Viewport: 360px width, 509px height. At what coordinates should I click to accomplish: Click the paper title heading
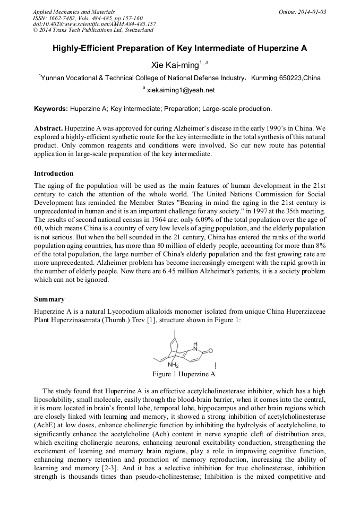(x=179, y=48)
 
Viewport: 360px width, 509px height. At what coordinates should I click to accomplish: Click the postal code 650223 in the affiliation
(x=292, y=78)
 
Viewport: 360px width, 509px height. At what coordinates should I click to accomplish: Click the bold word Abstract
(x=48, y=129)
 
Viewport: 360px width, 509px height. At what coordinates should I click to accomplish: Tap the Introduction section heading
(x=54, y=174)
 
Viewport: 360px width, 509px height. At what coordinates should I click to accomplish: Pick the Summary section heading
(x=49, y=299)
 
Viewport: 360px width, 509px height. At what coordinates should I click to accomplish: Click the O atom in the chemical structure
(x=211, y=351)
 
